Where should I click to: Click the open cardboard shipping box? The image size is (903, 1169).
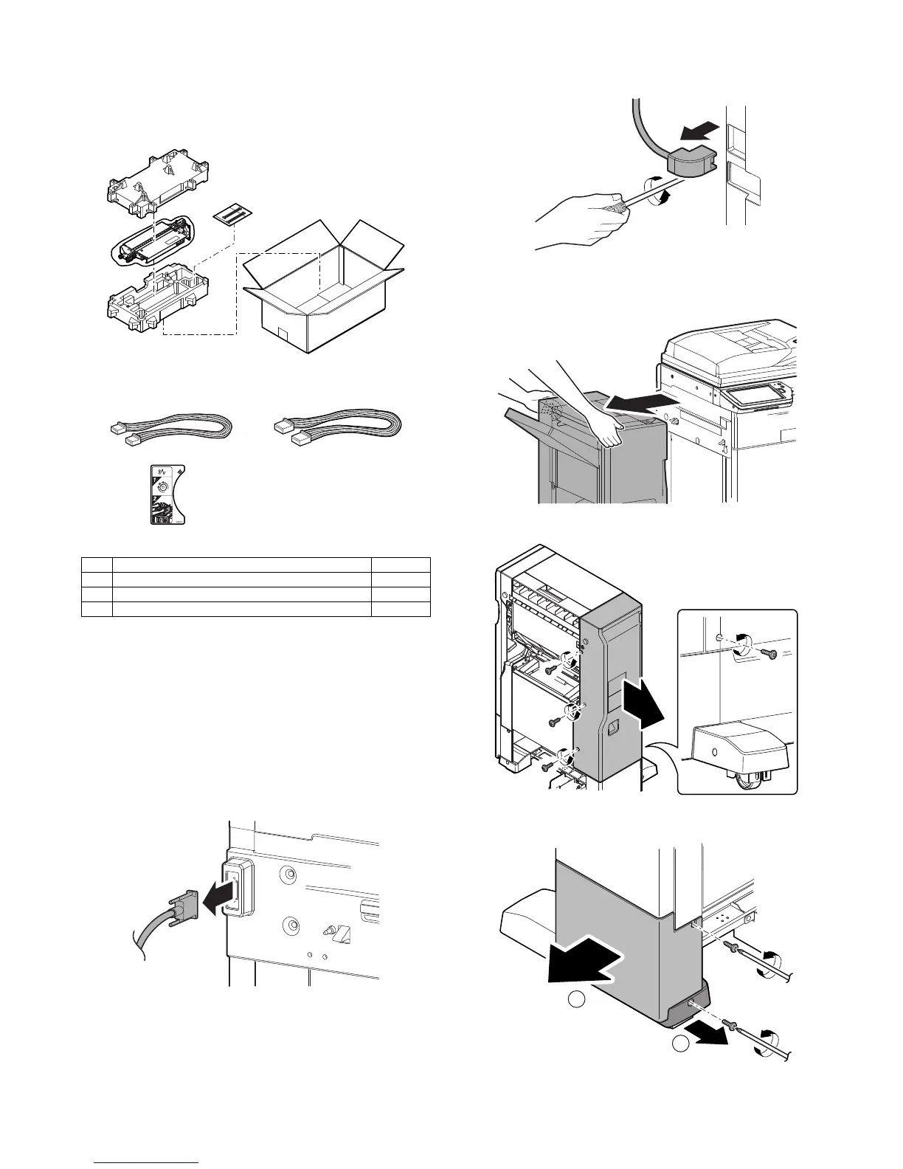(x=325, y=295)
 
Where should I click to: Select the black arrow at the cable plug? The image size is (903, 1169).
(x=221, y=897)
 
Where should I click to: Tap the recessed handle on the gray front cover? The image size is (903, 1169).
(x=612, y=731)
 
